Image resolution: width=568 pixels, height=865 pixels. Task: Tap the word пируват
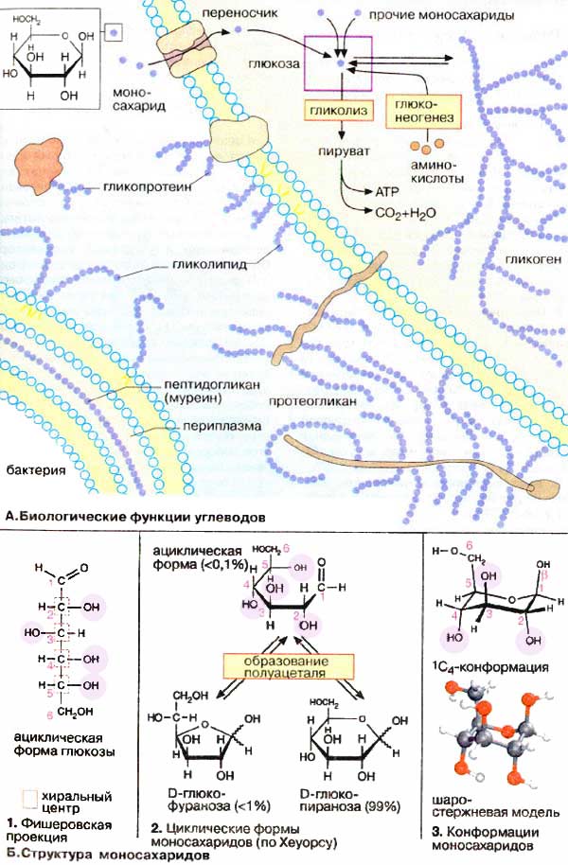pos(341,150)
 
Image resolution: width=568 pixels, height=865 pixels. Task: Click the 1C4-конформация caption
pos(488,667)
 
